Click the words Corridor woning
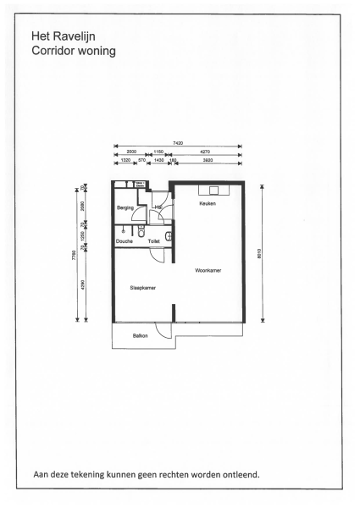click(x=73, y=51)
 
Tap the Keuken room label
click(x=208, y=204)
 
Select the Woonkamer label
click(x=208, y=271)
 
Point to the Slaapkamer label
click(x=142, y=288)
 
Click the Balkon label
click(x=140, y=336)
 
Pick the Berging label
click(x=126, y=207)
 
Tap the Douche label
click(x=125, y=241)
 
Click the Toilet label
click(x=154, y=241)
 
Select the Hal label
click(x=158, y=207)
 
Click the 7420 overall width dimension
click(x=178, y=143)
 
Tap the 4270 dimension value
click(x=205, y=152)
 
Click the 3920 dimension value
click(x=208, y=159)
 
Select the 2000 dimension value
click(x=130, y=152)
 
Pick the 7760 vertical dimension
click(x=75, y=254)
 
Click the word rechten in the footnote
click(x=172, y=474)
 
